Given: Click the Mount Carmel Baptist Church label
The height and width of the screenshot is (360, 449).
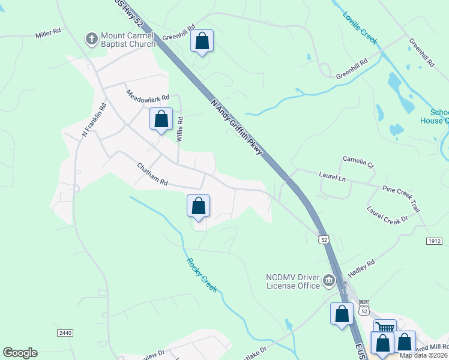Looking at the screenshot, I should click(128, 40).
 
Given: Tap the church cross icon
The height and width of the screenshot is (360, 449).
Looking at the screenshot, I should click(92, 39).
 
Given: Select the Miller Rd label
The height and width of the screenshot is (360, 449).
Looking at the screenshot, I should click(49, 32).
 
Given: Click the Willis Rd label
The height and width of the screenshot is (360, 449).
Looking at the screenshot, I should click(179, 128).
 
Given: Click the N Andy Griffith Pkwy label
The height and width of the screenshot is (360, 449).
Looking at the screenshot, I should click(237, 127).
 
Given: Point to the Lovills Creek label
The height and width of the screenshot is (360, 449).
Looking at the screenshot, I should click(360, 28).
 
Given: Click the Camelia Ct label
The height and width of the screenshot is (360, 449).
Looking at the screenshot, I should click(358, 162).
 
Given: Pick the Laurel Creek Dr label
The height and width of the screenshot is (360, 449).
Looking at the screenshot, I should click(387, 217).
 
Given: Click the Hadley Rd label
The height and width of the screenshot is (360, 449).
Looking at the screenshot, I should click(361, 267).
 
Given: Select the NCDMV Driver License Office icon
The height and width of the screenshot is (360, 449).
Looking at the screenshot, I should click(329, 280).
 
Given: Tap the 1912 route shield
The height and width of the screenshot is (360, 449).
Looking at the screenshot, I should click(435, 241).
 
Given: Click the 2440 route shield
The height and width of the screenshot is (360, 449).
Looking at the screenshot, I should click(65, 332).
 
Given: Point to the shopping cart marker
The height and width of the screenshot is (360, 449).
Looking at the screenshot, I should click(385, 328).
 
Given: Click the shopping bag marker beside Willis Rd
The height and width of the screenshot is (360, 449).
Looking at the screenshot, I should click(161, 119).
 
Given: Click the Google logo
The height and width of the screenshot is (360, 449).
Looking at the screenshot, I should click(20, 353).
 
